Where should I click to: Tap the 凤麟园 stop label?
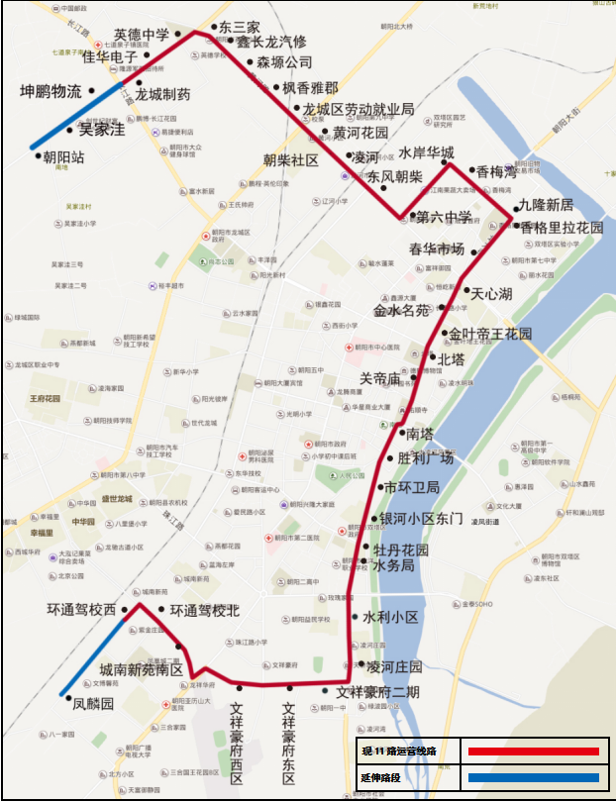pos(94,705)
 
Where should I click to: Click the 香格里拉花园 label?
pos(563,227)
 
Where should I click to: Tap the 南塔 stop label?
pos(420,433)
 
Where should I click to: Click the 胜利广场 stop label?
pos(425,457)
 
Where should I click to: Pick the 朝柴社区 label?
pos(290,159)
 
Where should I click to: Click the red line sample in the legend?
pos(534,752)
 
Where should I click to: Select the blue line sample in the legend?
pos(534,778)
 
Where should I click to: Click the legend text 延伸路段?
pos(384,779)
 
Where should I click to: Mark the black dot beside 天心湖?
pos(466,291)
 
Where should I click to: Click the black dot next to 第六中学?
pos(412,216)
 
